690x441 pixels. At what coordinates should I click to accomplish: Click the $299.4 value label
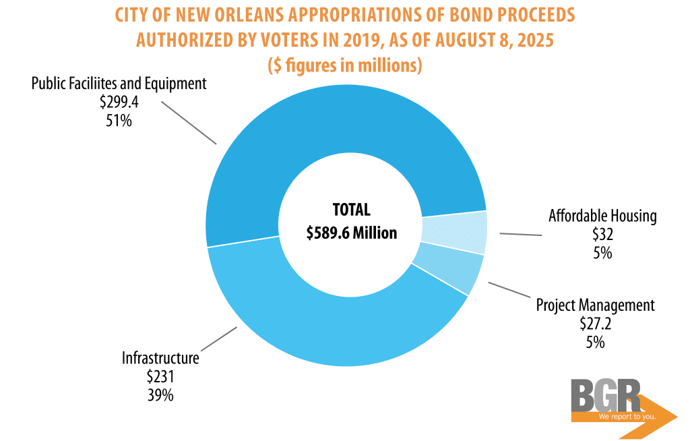point(119,102)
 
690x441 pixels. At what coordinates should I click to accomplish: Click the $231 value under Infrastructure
point(160,376)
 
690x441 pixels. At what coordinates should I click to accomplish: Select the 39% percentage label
point(160,395)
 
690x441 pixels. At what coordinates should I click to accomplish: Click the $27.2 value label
point(595,324)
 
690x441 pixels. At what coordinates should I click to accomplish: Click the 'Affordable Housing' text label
point(602,216)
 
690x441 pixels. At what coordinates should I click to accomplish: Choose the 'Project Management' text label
point(595,305)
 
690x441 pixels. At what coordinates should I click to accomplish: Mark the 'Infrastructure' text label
point(160,357)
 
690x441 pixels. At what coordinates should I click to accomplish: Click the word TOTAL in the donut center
point(352,210)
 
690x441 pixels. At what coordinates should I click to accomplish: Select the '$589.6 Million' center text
point(352,233)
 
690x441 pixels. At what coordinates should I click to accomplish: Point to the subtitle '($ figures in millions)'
point(345,66)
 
